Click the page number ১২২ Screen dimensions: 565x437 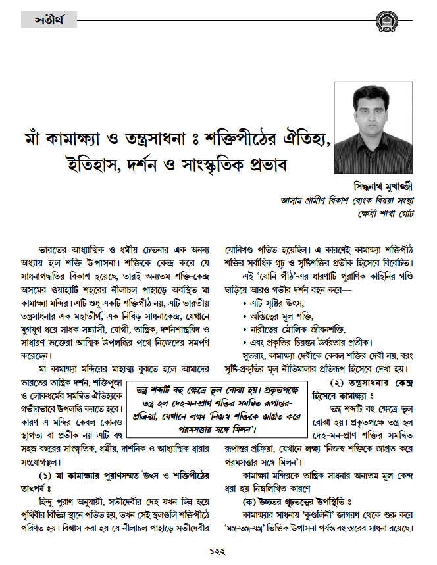coord(218,551)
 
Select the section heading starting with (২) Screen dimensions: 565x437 coord(365,384)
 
